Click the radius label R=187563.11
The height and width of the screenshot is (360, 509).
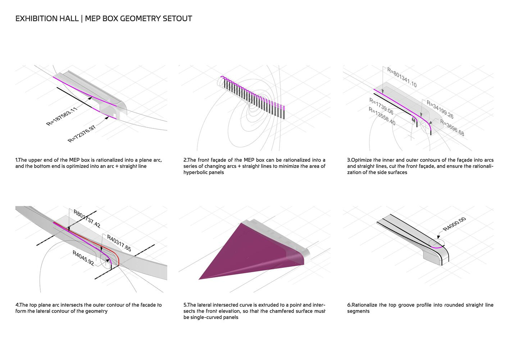coord(62,116)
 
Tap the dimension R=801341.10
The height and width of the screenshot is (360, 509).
coord(402,77)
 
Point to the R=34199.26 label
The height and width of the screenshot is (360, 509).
coord(440,109)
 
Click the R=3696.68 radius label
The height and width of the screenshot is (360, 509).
coord(452,128)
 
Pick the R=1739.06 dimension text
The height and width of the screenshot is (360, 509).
coord(381,107)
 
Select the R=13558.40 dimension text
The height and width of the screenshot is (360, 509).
coord(382,116)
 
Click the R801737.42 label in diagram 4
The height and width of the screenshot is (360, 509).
coord(87,219)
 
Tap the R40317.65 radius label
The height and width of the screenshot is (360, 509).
coord(119,243)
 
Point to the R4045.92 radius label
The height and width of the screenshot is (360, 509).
coord(83,258)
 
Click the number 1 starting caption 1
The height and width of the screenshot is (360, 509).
coord(16,160)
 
